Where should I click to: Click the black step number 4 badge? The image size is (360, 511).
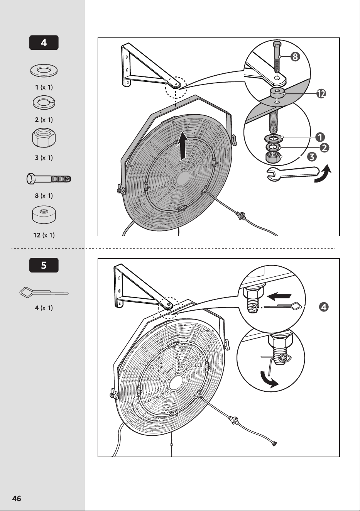pyautogui.click(x=44, y=42)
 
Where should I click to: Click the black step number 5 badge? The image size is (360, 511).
pyautogui.click(x=44, y=265)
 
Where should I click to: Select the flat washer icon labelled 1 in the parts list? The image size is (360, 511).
pyautogui.click(x=44, y=71)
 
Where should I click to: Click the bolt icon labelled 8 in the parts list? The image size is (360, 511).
pyautogui.click(x=49, y=179)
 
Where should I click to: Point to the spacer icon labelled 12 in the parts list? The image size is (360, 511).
pyautogui.click(x=44, y=215)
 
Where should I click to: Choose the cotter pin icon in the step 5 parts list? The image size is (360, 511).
pyautogui.click(x=44, y=291)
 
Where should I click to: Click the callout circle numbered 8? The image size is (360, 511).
pyautogui.click(x=295, y=57)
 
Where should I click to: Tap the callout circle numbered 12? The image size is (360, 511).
pyautogui.click(x=321, y=93)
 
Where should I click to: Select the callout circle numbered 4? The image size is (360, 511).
pyautogui.click(x=324, y=307)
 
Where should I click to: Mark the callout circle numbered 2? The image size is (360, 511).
pyautogui.click(x=325, y=147)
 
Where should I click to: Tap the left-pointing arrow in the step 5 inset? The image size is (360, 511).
pyautogui.click(x=279, y=296)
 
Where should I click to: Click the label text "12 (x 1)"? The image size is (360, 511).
pyautogui.click(x=44, y=235)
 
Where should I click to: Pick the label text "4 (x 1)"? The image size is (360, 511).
pyautogui.click(x=44, y=308)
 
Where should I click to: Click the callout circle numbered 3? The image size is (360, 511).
pyautogui.click(x=312, y=157)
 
